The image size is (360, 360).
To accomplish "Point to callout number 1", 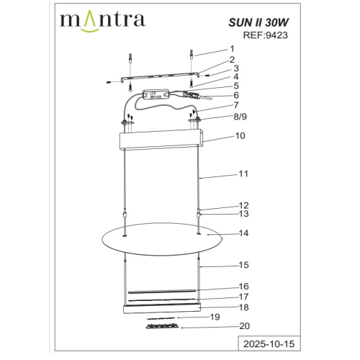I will (231, 48).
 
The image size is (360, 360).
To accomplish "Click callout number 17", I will (243, 296).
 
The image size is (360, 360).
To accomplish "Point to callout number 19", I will (214, 316).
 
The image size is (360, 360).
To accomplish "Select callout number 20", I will (243, 326).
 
